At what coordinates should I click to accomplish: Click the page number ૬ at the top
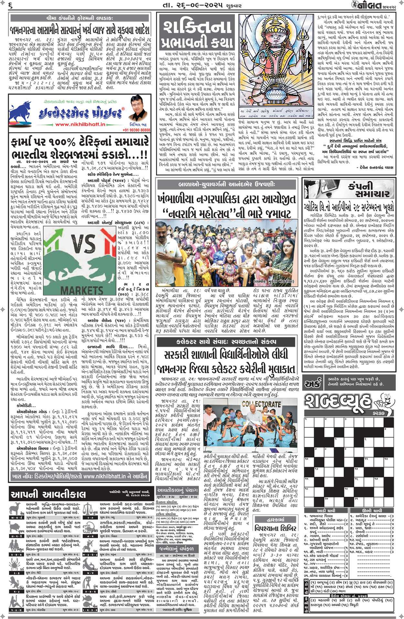tap(11, 5)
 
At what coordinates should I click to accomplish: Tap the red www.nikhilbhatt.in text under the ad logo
tap(80, 124)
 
